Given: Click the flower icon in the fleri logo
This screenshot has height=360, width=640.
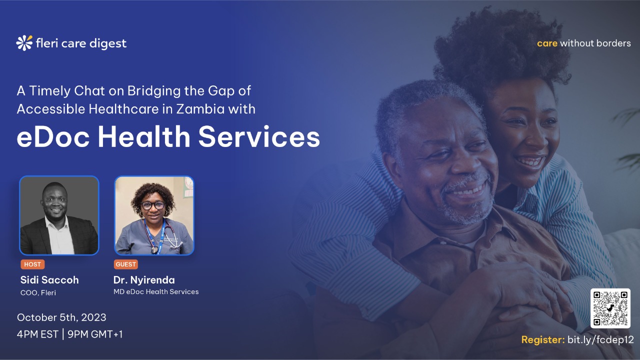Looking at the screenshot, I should coord(24,43).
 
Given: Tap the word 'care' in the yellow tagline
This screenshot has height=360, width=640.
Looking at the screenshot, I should coord(547,43).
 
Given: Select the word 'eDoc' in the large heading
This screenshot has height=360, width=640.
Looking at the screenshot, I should coord(51,137).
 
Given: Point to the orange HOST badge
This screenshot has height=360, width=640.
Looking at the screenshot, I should coord(32,264).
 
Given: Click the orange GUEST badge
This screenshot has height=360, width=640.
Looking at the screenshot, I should coord(125,264).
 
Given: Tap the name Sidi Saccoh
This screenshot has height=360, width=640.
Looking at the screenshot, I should coord(49,279).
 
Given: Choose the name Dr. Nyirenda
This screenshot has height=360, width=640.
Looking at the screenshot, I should coord(144,279).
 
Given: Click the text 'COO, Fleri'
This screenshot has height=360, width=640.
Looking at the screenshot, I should coord(38,293).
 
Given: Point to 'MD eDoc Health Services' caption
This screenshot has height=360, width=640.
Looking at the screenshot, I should coord(156,291).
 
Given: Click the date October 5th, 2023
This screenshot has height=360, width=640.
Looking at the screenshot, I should coord(61,317).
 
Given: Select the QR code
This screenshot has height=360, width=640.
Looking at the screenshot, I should coord(610,308).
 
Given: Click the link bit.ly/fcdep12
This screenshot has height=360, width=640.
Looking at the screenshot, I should coord(600,340).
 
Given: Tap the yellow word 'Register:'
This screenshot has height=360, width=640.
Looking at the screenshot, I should coord(542,340).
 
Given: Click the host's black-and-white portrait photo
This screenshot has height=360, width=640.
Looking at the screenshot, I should coord(59,215).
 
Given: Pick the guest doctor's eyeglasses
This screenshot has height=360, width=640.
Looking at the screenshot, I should coord(152,205).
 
